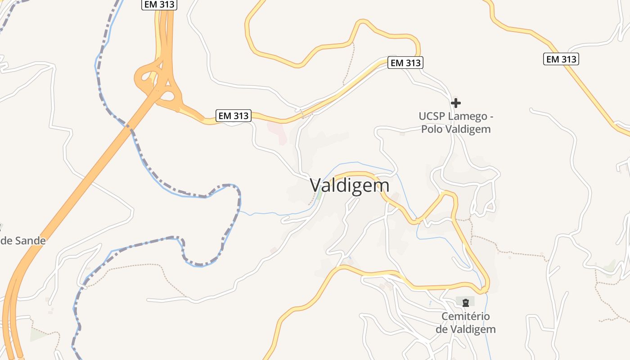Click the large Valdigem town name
tap(350, 185)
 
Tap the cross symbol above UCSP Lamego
tap(455, 103)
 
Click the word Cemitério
tap(465, 316)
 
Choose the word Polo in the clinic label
tap(432, 129)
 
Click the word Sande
tap(30, 241)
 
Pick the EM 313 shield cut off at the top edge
tap(160, 4)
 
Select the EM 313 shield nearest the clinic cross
tap(405, 63)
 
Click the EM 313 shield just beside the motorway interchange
tap(233, 116)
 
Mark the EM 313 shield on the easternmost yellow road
tap(561, 59)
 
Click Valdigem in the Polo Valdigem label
tap(468, 129)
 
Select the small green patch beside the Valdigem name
tap(319, 194)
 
